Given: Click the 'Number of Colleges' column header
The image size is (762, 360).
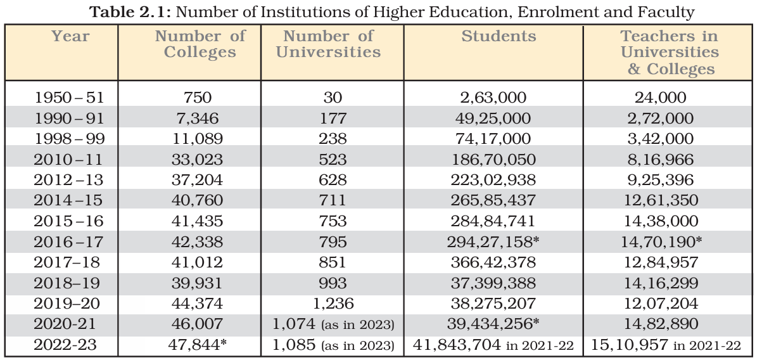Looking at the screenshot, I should pos(200,44).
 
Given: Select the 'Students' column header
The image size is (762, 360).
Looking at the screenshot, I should pos(498,37).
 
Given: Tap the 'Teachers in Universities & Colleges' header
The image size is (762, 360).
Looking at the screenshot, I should pos(670,53).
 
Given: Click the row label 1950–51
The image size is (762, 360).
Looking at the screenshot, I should pos(69,98).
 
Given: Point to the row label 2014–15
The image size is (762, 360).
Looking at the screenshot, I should pos(69,200).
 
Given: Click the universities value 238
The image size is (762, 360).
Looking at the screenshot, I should pos(333,139).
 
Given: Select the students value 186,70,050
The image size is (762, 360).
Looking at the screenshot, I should pos(498,159).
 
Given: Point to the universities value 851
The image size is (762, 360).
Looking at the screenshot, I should pos(333,262).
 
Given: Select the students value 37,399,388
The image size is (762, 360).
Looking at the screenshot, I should pos(498,283).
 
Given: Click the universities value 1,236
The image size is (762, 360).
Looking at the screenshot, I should pos(333,303).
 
